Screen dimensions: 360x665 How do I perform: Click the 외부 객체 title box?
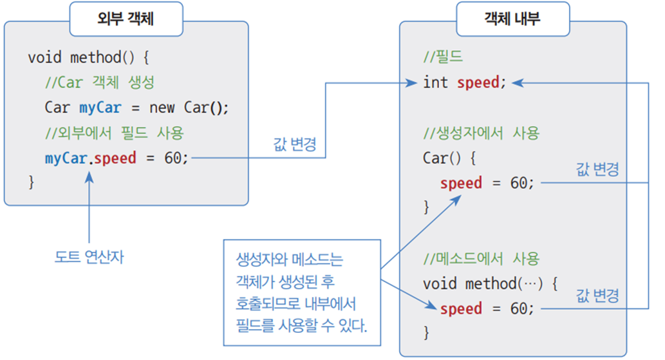point(126,19)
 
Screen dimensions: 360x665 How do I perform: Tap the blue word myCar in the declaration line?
point(100,107)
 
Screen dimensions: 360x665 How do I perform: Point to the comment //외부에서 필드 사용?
point(115,133)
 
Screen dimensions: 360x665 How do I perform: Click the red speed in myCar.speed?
point(115,158)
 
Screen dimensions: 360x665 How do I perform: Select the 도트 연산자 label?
point(89,258)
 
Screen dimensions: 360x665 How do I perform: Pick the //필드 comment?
point(443,58)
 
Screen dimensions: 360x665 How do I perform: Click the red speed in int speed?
point(478,82)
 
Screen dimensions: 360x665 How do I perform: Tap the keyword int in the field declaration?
point(435,82)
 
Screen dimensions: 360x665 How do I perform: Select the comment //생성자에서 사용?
point(482,133)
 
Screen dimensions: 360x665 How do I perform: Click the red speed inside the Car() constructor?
point(461,183)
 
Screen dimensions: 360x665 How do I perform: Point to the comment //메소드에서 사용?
point(482,259)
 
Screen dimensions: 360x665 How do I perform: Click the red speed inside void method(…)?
point(461,308)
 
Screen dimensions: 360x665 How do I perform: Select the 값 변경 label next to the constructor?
point(597,170)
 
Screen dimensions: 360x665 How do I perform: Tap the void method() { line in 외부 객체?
point(89,58)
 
